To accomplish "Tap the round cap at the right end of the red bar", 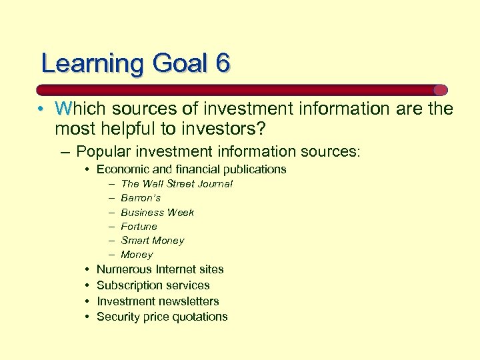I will pyautogui.click(x=440, y=89).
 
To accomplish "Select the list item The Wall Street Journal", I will pyautogui.click(x=177, y=183).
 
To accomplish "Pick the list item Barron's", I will pyautogui.click(x=141, y=198).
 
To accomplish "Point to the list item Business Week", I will pyautogui.click(x=157, y=212).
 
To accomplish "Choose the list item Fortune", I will pyautogui.click(x=139, y=226).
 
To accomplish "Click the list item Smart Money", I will pyautogui.click(x=152, y=240).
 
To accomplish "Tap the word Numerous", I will pyautogui.click(x=125, y=269).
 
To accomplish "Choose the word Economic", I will pyautogui.click(x=121, y=169).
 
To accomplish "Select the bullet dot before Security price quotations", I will pyautogui.click(x=88, y=317).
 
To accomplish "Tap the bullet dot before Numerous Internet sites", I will pyautogui.click(x=88, y=269).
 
